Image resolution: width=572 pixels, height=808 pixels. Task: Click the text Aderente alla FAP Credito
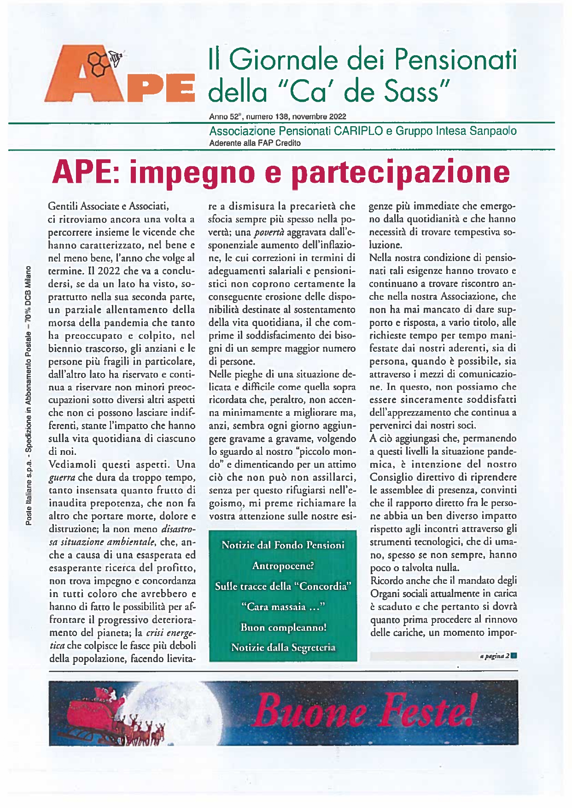pyautogui.click(x=255, y=143)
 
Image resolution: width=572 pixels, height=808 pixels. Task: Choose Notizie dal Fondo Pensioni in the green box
pyautogui.click(x=283, y=545)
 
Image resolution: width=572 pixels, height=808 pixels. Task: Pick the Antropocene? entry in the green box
pyautogui.click(x=283, y=566)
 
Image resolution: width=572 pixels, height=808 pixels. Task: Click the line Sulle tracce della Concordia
pyautogui.click(x=283, y=587)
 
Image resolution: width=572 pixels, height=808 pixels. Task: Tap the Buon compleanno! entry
pyautogui.click(x=283, y=628)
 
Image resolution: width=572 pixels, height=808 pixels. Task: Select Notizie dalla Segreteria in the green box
pyautogui.click(x=283, y=648)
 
